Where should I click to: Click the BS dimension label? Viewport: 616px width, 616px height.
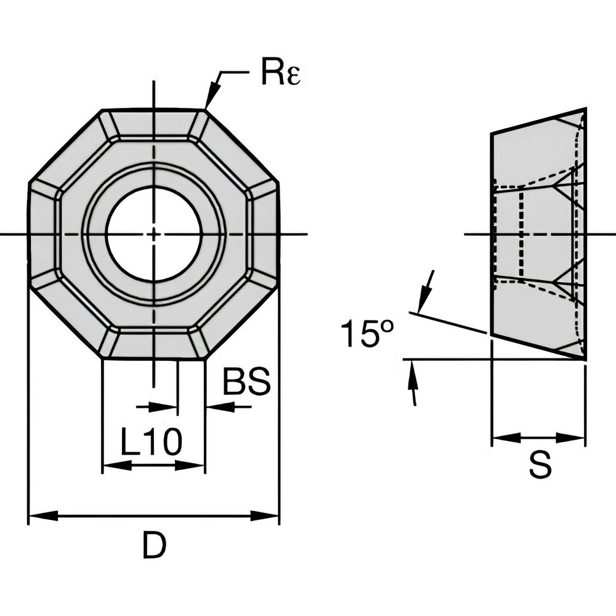246,383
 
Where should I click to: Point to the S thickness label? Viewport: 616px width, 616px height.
540,466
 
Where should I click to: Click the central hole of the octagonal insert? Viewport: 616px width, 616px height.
154,233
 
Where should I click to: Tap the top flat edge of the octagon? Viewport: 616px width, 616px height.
154,110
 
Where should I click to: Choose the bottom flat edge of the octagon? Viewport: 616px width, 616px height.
154,358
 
